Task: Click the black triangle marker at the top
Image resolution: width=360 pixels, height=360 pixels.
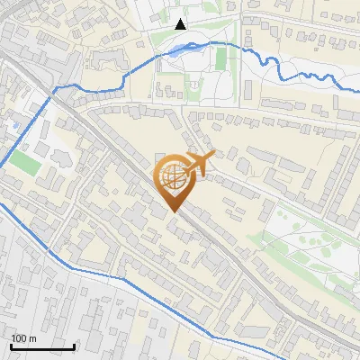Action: [180, 24]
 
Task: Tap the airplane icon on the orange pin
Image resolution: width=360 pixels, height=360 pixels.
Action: [199, 162]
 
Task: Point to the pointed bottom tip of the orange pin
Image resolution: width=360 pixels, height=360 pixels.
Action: [174, 212]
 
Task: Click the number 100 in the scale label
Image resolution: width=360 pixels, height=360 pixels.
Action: [19, 338]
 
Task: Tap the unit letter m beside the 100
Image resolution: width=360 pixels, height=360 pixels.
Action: [31, 338]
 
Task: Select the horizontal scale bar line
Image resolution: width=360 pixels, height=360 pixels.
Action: [42, 346]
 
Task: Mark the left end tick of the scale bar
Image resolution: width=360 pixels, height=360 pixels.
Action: [11, 346]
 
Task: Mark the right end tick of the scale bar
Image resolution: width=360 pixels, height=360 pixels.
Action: [74, 346]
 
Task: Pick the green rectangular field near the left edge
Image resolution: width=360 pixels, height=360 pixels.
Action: [25, 163]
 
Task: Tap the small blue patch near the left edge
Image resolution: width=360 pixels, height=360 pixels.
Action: [12, 122]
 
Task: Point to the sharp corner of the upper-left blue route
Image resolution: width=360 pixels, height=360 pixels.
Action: [56, 88]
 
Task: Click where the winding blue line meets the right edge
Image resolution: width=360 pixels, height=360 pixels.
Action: [358, 89]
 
